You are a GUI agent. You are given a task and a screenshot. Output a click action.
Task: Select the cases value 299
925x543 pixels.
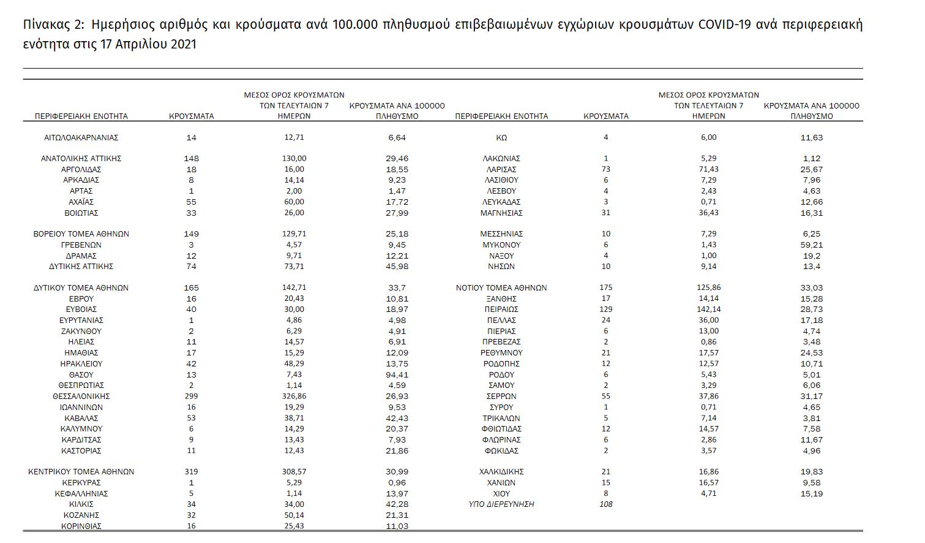[x=192, y=397]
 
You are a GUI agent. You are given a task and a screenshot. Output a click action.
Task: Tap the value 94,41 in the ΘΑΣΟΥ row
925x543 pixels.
[x=398, y=374]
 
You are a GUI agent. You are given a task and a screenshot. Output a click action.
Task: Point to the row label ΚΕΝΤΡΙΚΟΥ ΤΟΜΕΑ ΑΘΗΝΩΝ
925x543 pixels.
[x=81, y=472]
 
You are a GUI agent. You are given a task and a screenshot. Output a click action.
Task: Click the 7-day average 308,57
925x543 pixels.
[x=294, y=472]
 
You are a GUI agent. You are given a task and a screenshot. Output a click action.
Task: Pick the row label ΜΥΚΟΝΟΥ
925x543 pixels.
[x=501, y=245]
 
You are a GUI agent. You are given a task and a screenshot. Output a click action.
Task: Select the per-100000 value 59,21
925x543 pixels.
[x=812, y=245]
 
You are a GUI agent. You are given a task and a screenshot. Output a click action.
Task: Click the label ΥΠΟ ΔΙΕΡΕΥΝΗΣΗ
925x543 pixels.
[x=501, y=504]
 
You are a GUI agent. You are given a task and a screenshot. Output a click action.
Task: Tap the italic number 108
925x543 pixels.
[x=606, y=504]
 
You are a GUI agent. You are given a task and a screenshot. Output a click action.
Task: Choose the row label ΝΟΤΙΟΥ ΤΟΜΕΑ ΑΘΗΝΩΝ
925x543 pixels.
[x=501, y=287]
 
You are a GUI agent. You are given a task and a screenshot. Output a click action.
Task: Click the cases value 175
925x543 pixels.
[x=606, y=287]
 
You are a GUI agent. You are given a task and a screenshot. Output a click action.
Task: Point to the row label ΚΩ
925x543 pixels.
[x=501, y=138]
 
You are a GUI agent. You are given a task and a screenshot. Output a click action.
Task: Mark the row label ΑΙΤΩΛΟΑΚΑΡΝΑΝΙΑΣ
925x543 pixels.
[x=81, y=138]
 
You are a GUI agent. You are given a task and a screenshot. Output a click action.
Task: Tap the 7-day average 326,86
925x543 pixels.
[x=294, y=397]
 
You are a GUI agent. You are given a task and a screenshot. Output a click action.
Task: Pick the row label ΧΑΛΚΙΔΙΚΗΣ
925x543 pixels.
[x=501, y=472]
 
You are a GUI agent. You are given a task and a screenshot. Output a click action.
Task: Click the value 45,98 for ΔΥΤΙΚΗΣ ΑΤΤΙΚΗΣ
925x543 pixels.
[x=398, y=267]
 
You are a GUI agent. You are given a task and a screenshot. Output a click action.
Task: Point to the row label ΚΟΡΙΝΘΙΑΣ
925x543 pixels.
[x=81, y=526]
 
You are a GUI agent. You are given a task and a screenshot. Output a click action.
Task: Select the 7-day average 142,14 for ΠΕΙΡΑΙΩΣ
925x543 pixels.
[x=708, y=309]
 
